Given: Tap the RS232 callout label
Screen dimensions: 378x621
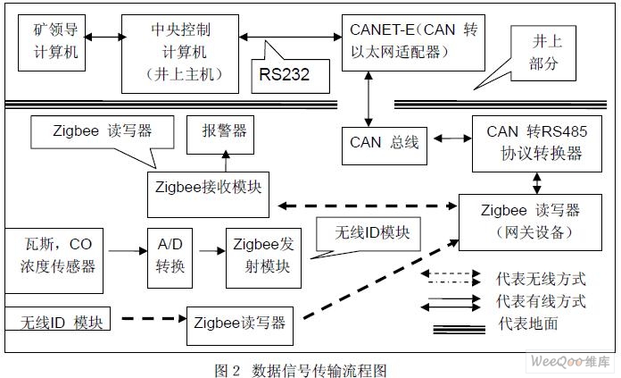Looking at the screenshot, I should (x=285, y=74).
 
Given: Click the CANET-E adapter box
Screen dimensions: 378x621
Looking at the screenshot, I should (x=413, y=41).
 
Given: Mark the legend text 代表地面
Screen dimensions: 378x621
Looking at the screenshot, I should (x=531, y=323).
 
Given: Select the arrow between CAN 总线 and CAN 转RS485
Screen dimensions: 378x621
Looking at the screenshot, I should (x=448, y=139).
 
